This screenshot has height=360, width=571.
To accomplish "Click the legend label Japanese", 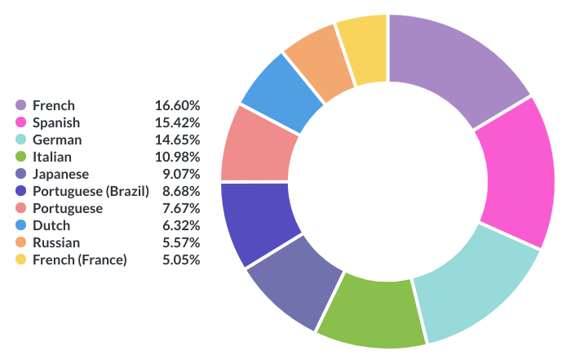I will pos(60,174).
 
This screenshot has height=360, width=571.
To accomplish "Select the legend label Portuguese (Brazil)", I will pos(91,191).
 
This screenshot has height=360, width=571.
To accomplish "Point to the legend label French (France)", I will pos(79,260).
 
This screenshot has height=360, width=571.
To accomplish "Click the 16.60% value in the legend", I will pos(177,105).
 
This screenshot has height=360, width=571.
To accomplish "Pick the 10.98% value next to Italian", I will pos(177,157).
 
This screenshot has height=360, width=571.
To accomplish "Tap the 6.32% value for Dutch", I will pos(180,225).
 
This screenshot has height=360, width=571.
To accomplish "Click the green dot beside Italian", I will pos(21,157).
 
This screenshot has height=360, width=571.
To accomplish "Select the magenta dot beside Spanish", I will pos(21,122).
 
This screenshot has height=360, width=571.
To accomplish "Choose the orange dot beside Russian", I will pos(21,242).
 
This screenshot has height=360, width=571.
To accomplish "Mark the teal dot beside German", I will pos(21,140).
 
